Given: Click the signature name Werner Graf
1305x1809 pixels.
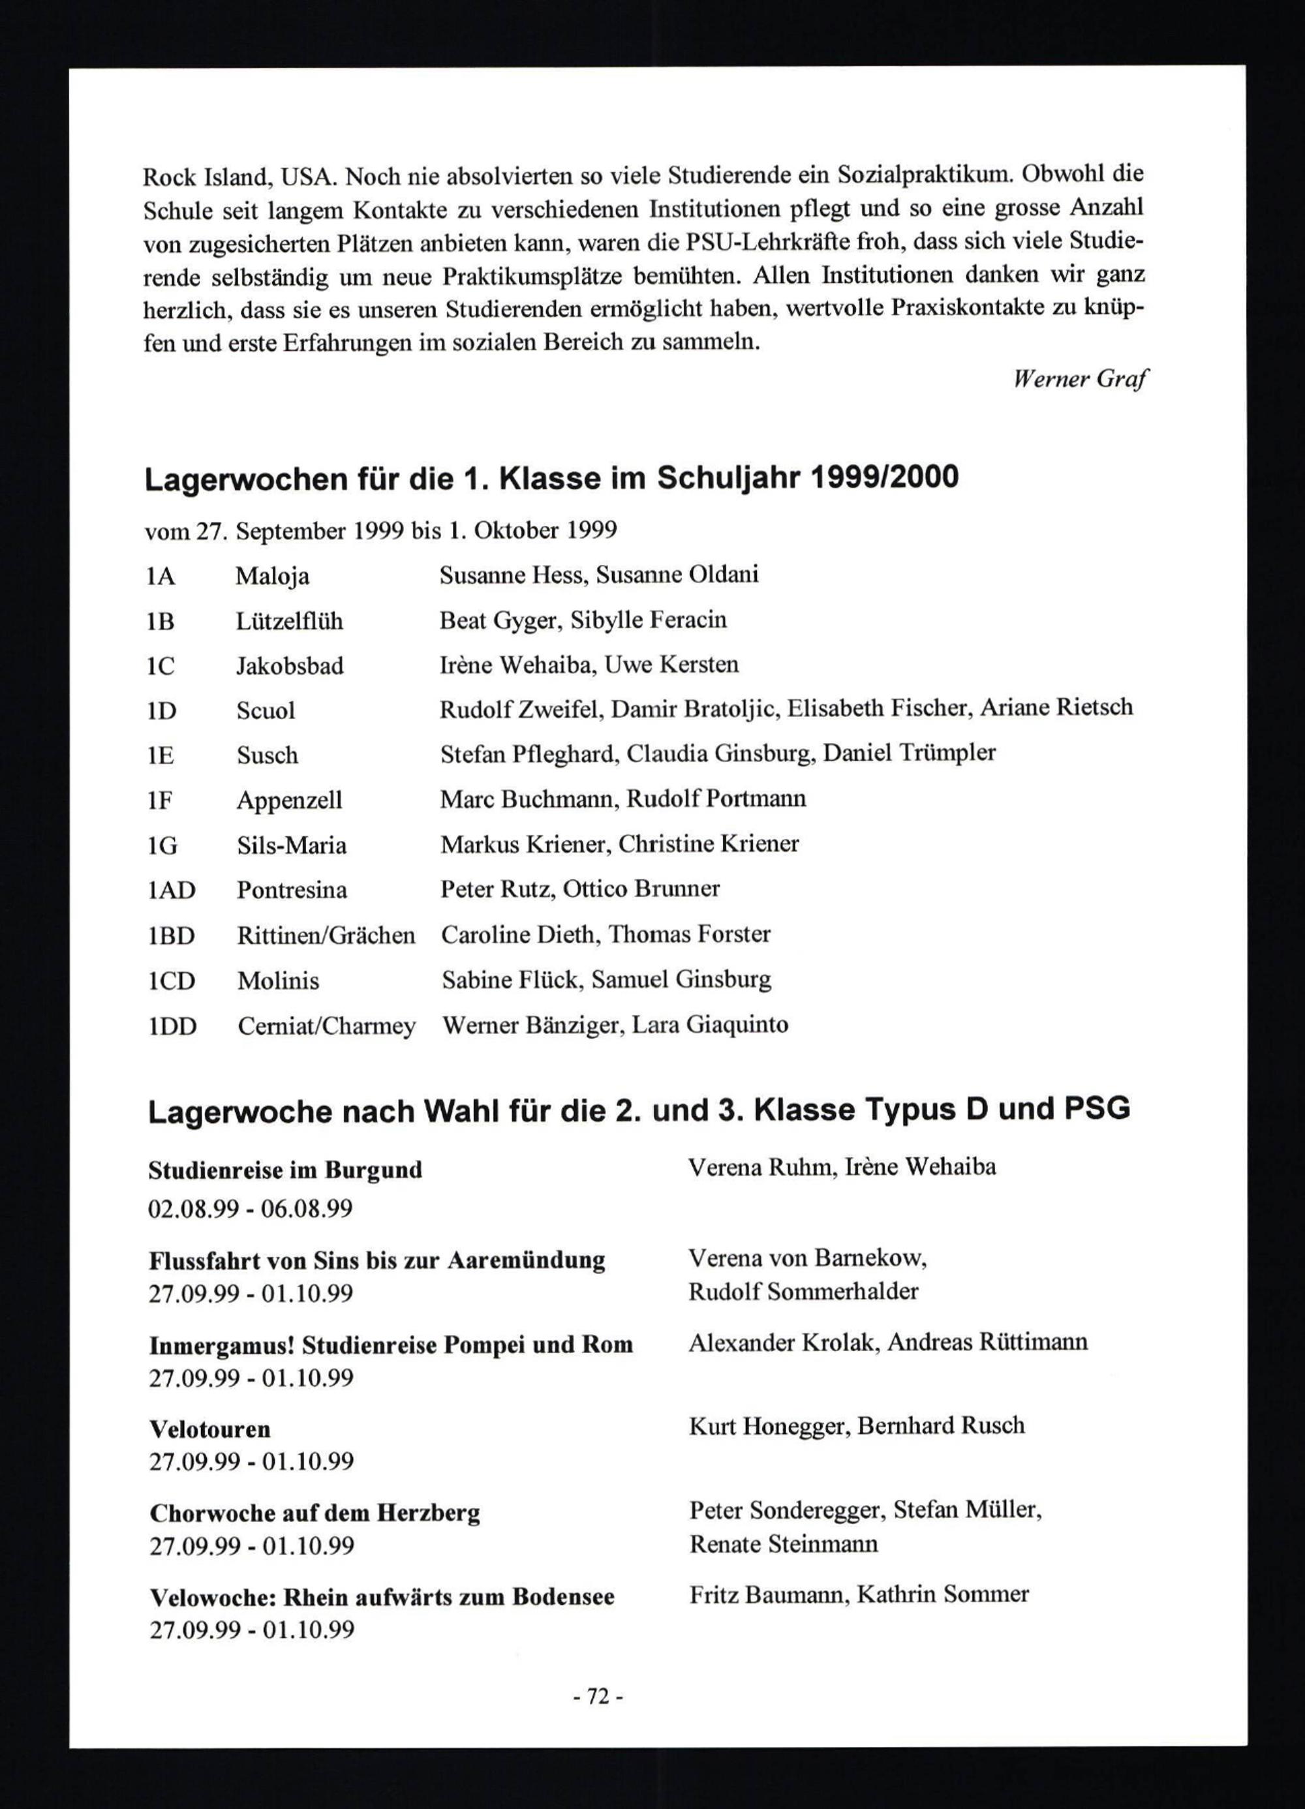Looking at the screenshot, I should click(x=1080, y=380).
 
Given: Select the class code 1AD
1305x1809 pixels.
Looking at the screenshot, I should click(x=172, y=890).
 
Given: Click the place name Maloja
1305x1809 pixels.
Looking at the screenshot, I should click(x=272, y=576).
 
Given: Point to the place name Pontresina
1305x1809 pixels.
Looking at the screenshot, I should click(x=291, y=890).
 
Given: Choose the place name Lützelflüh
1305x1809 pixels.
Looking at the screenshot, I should click(x=289, y=621).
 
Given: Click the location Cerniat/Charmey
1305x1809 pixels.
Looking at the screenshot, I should click(x=326, y=1026).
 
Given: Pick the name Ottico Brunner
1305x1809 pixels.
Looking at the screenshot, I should click(x=641, y=889).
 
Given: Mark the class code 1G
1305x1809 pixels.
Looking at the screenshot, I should click(x=162, y=845).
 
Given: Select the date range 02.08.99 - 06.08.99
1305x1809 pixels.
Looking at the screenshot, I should click(x=251, y=1208).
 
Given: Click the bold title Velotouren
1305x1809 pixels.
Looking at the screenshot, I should click(x=210, y=1429).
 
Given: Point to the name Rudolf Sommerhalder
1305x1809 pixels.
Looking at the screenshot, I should click(x=803, y=1292).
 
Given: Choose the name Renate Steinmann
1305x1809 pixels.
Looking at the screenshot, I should click(x=783, y=1544).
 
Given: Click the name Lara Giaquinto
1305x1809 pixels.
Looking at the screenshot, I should click(x=710, y=1024).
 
